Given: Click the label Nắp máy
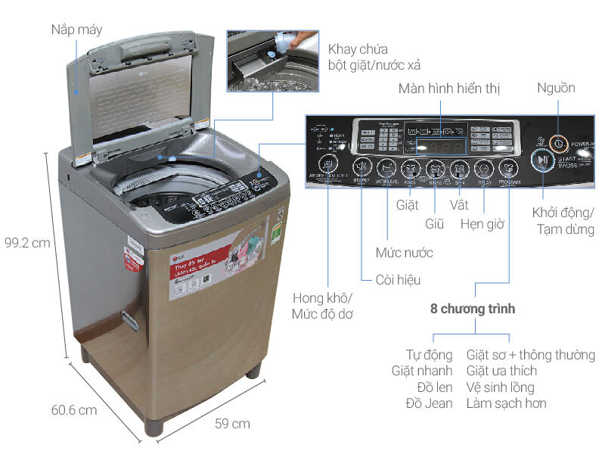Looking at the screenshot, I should (76, 30).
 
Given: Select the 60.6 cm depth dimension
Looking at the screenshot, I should (74, 410).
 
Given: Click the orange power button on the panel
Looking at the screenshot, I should (557, 141).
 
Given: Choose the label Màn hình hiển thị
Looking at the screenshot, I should (449, 89).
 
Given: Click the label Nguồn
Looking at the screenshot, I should (556, 88).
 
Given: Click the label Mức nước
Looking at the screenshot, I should (404, 252).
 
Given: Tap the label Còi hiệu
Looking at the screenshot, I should (398, 280).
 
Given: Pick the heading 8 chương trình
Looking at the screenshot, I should (472, 309).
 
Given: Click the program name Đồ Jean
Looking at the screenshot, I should (428, 403).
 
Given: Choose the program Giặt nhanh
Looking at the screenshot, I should (422, 371).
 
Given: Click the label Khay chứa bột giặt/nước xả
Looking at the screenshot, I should (374, 57).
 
